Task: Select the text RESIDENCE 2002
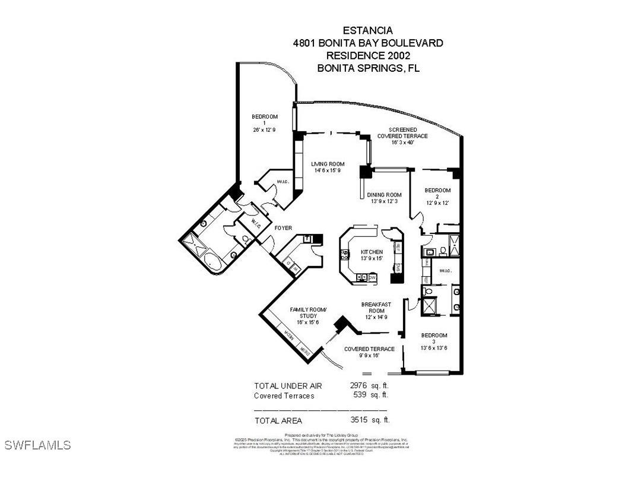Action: click(368, 55)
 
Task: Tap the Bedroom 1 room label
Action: click(265, 117)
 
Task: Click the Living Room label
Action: click(328, 164)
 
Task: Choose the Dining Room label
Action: click(384, 195)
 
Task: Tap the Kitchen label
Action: click(372, 252)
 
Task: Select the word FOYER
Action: click(283, 227)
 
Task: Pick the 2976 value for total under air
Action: click(359, 385)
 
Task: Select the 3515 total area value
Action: click(359, 419)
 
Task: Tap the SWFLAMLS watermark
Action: click(37, 445)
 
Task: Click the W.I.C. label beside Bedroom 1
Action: click(283, 182)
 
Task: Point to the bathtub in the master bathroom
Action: click(211, 262)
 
